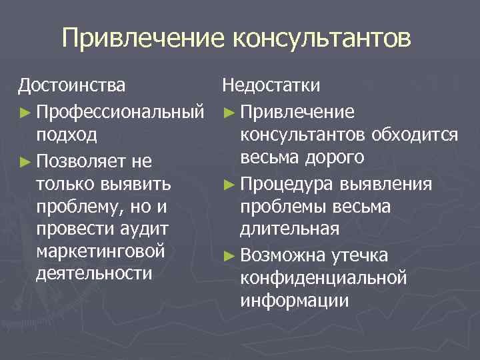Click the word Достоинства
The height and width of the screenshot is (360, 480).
point(71,86)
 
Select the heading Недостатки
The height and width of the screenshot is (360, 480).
point(271,86)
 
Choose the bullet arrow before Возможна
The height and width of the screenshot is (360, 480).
point(229,255)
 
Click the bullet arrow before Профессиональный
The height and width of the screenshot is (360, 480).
point(25,111)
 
